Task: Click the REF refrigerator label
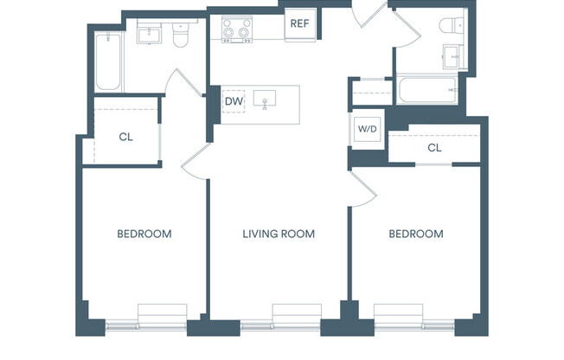click(300, 24)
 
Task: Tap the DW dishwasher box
click(233, 102)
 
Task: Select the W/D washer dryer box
click(368, 129)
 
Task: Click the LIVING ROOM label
click(278, 234)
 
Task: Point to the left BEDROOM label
click(144, 234)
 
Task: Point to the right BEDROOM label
click(415, 234)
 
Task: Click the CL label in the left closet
click(125, 137)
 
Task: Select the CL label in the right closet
click(434, 148)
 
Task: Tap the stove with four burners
click(235, 29)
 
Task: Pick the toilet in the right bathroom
click(452, 26)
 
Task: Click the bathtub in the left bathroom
click(107, 61)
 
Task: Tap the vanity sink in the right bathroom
click(454, 57)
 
